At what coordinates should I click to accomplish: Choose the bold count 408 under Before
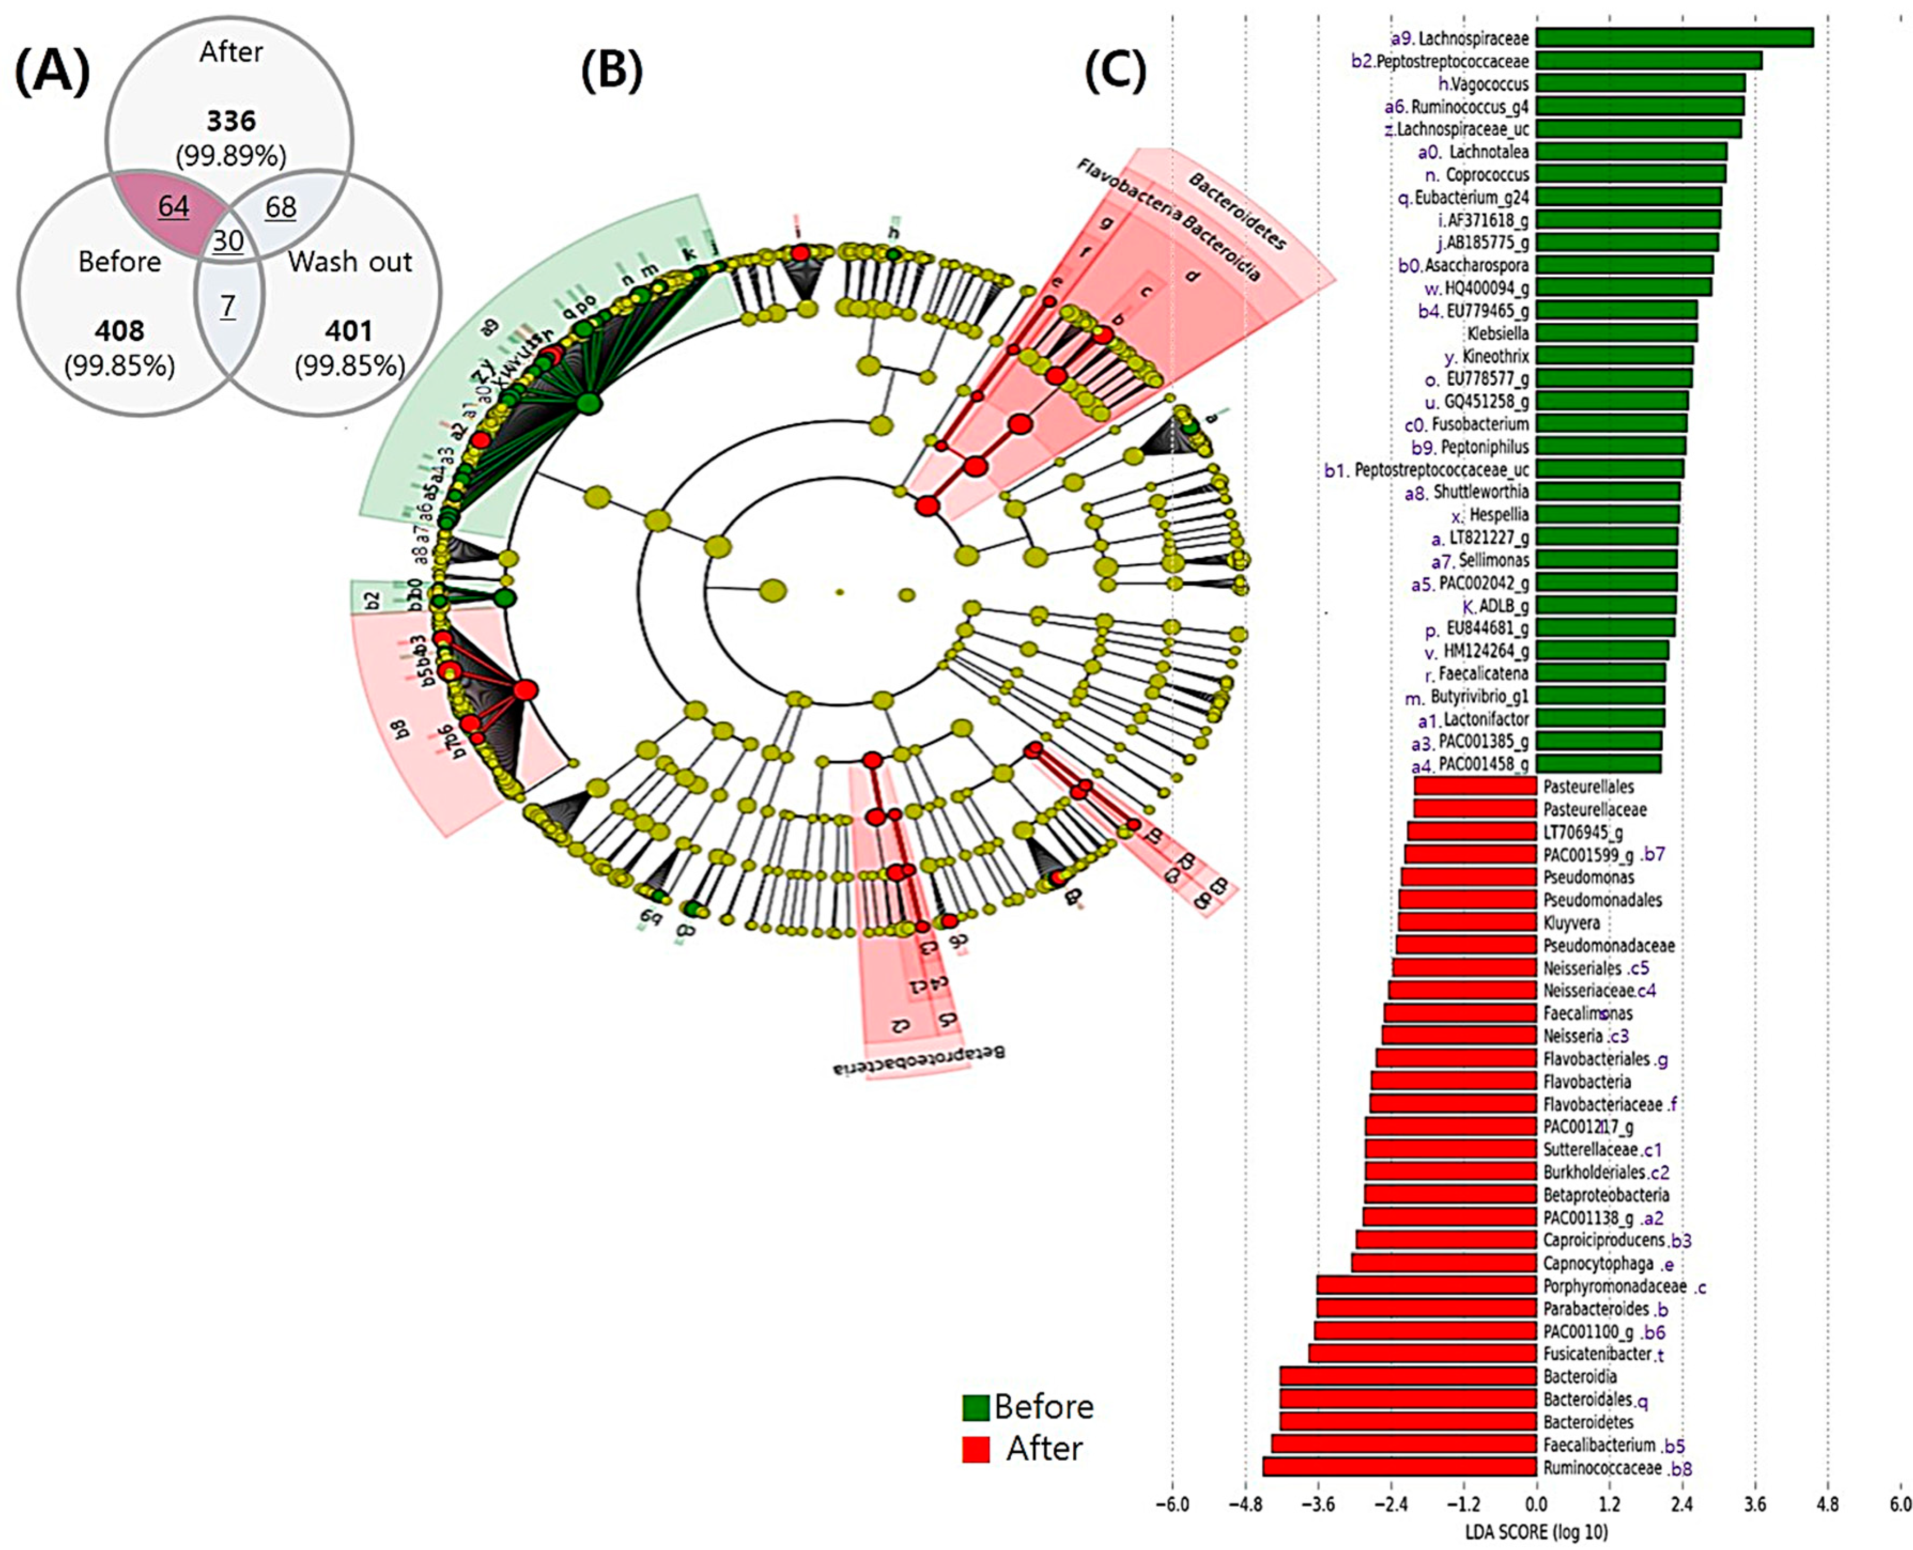coord(120,331)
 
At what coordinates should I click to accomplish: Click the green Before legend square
coord(975,1408)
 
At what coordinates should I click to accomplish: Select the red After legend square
coord(975,1449)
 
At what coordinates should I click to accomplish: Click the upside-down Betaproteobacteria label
coord(919,1060)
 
